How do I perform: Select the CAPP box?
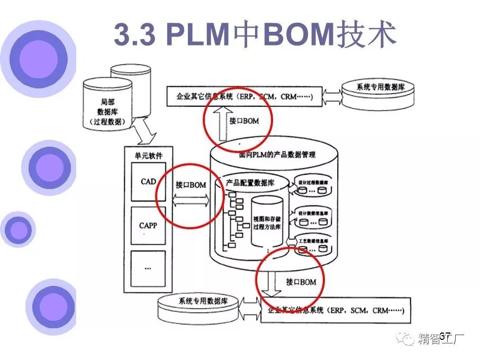pyautogui.click(x=148, y=225)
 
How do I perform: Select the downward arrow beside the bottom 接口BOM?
pyautogui.click(x=275, y=284)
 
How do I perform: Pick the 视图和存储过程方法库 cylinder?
pyautogui.click(x=266, y=222)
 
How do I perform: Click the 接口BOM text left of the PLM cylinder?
pyautogui.click(x=191, y=185)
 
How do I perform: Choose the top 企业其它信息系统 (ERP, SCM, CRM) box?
pyautogui.click(x=244, y=97)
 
